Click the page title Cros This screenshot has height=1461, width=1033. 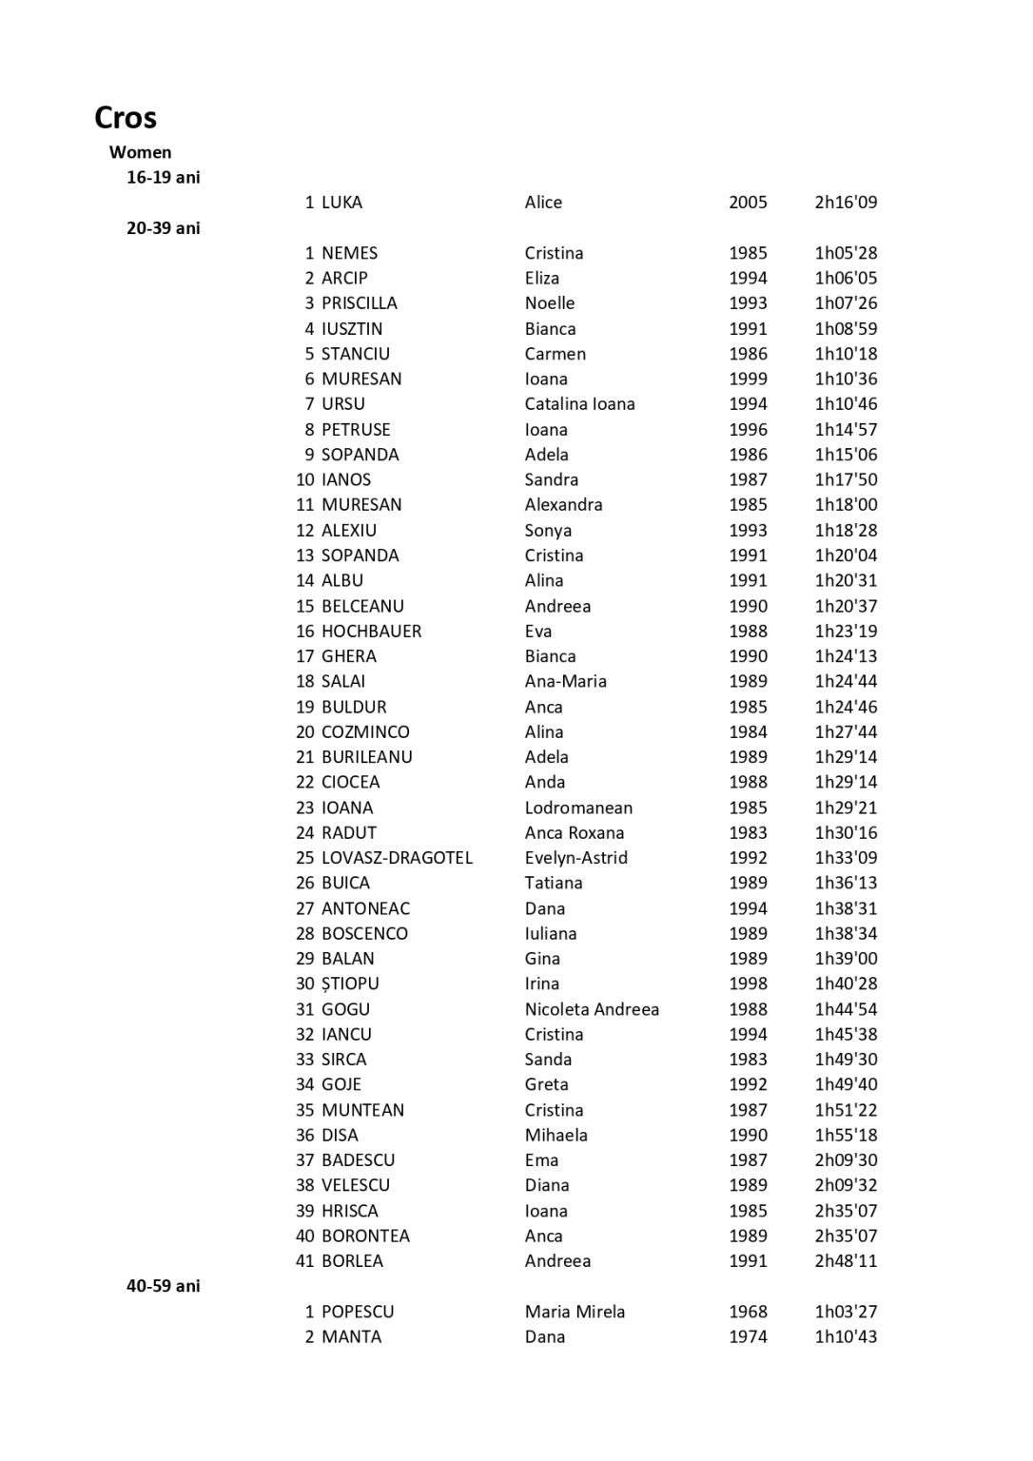126,118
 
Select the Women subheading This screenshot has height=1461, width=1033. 141,152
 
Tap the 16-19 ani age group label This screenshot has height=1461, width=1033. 164,177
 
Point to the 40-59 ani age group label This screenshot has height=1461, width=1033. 164,1286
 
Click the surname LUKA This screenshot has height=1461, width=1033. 341,203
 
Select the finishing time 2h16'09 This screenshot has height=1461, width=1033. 846,203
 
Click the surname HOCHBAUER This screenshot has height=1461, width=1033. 371,632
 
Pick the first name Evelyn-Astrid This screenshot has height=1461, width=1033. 575,858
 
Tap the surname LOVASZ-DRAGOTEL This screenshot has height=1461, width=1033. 397,858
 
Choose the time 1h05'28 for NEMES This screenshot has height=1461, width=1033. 846,253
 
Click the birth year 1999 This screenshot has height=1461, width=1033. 748,379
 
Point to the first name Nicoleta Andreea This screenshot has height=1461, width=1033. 592,1009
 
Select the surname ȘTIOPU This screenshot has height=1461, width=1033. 350,984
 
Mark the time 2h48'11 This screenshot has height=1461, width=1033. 846,1261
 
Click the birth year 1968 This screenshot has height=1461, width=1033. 748,1312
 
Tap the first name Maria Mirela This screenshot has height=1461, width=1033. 575,1312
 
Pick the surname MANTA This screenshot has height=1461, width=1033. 351,1336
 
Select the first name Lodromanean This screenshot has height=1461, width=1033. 578,808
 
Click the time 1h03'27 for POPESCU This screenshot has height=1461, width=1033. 846,1312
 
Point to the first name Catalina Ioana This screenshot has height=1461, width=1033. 579,404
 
